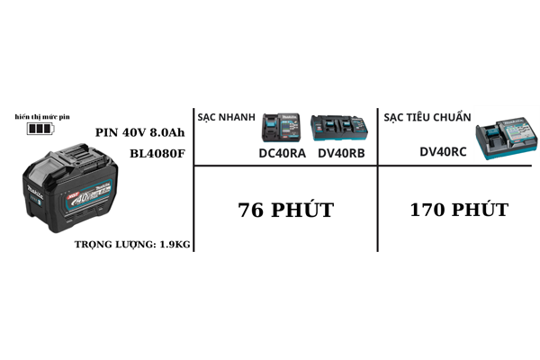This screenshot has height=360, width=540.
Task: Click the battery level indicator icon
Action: pos(40,130)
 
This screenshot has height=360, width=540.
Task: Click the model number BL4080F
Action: pos(157,153)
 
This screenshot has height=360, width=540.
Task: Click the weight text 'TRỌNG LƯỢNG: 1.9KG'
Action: pos(133,244)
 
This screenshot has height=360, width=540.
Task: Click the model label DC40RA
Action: pos(282,153)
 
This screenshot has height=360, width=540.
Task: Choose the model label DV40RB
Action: pos(341,153)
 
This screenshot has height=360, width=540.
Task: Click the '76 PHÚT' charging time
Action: pos(285,211)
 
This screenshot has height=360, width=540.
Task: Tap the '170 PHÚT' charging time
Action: pos(458,211)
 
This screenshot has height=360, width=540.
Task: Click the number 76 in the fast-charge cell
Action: pos(251,211)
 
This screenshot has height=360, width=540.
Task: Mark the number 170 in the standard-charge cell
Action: pos(427,211)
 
